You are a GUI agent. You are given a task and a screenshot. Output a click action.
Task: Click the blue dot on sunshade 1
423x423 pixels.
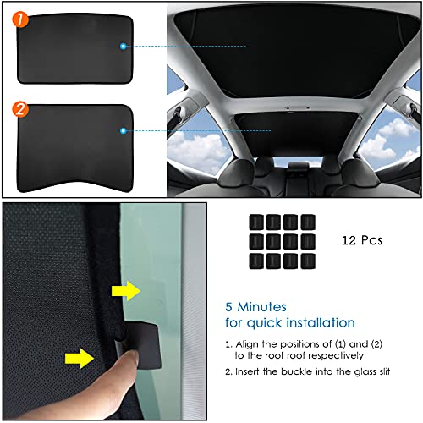tap(124, 45)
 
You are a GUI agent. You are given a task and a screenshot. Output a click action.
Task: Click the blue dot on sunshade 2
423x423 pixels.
tap(124, 130)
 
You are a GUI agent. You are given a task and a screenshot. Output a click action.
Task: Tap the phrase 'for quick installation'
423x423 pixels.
tap(290, 323)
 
